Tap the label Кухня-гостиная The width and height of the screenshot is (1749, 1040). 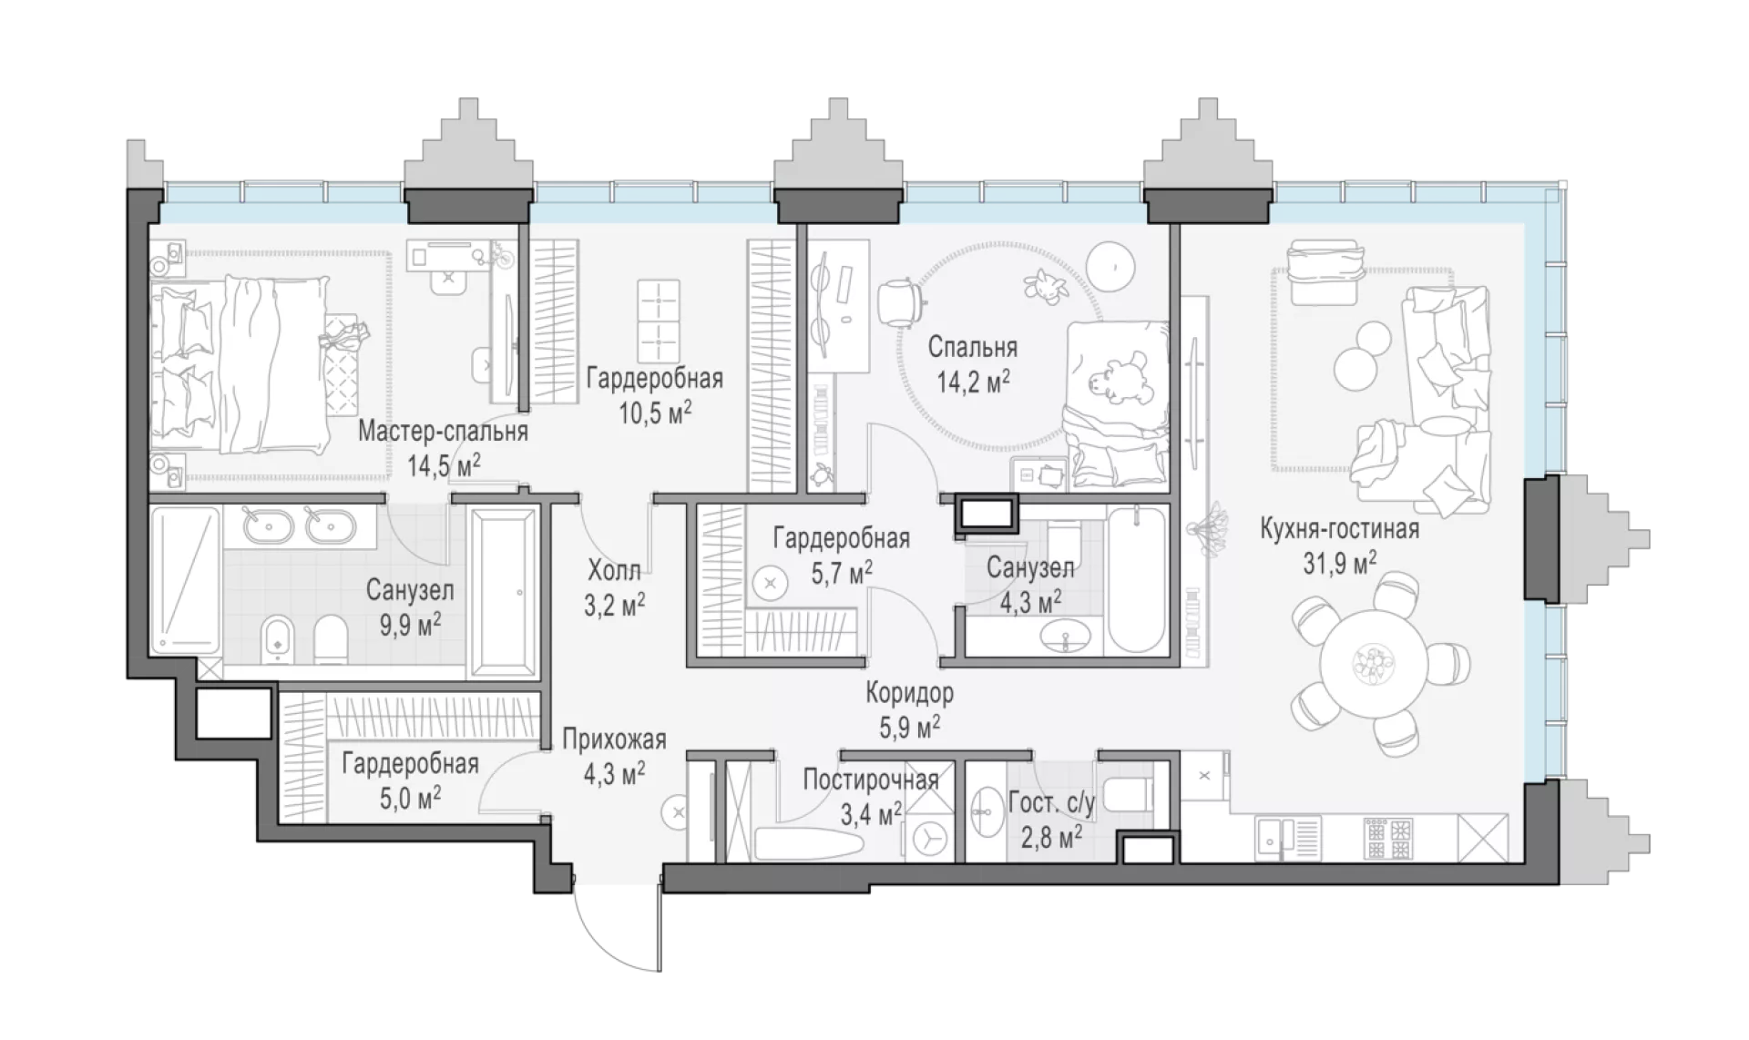[1339, 528]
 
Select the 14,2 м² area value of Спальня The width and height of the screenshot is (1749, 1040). [973, 380]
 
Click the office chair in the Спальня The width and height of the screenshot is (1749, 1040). [901, 300]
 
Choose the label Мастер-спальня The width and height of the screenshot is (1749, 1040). [443, 431]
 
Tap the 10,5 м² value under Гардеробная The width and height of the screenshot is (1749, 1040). [655, 413]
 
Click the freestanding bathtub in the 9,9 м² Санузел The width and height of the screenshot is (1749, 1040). [504, 592]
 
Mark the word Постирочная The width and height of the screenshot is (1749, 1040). [870, 780]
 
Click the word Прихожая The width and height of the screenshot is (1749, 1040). [614, 739]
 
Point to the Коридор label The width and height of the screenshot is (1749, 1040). [909, 694]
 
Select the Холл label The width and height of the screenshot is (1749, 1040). [614, 571]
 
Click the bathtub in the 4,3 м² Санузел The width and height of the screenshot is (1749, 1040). [1137, 579]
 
